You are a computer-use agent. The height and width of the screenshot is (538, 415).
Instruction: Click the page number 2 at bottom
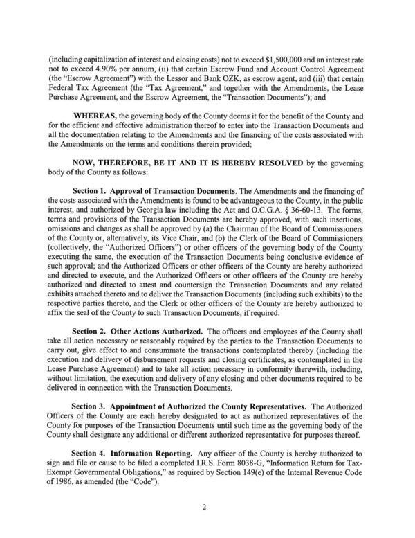(207, 526)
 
